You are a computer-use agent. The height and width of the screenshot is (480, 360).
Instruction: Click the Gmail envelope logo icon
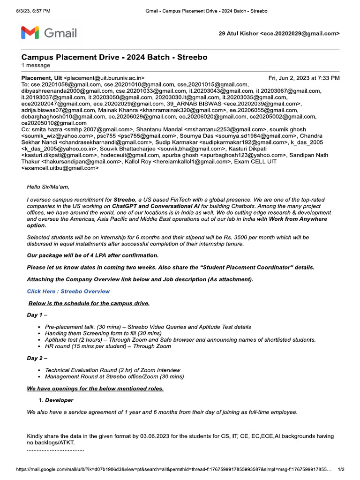tap(30, 33)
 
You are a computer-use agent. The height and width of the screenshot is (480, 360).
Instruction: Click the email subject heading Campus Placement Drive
tap(114, 57)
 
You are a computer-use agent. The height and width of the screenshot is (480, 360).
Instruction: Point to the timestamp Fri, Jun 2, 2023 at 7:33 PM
tap(304, 78)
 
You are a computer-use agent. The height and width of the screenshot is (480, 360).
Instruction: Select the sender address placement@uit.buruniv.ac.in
tap(104, 78)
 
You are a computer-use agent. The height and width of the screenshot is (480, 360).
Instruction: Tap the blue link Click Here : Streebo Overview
tap(68, 291)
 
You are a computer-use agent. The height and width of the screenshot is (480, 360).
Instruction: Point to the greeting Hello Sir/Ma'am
tap(48, 187)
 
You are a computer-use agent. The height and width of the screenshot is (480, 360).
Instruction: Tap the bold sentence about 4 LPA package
tap(93, 255)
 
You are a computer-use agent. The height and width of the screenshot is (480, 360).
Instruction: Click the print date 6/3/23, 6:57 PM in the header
tap(30, 10)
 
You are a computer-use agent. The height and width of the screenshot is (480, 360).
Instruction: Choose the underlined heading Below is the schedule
tap(89, 303)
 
